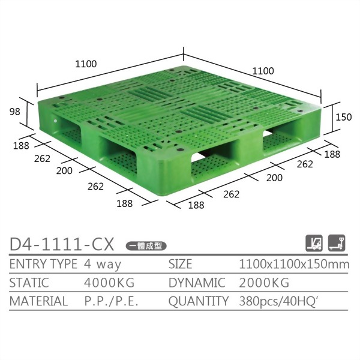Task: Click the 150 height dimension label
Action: pyautogui.click(x=343, y=118)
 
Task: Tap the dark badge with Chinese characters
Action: pyautogui.click(x=146, y=245)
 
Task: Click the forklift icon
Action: pyautogui.click(x=314, y=243)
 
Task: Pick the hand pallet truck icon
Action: pyautogui.click(x=337, y=243)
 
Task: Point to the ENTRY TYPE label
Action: pyautogui.click(x=43, y=264)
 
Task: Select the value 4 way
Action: pyautogui.click(x=103, y=264)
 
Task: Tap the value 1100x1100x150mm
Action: pyautogui.click(x=294, y=264)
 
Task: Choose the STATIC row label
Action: pyautogui.click(x=29, y=283)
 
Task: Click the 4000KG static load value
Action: pyautogui.click(x=109, y=283)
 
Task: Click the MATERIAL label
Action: pyautogui.click(x=39, y=301)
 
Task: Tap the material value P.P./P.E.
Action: pyautogui.click(x=112, y=301)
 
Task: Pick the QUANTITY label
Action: pyautogui.click(x=198, y=301)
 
